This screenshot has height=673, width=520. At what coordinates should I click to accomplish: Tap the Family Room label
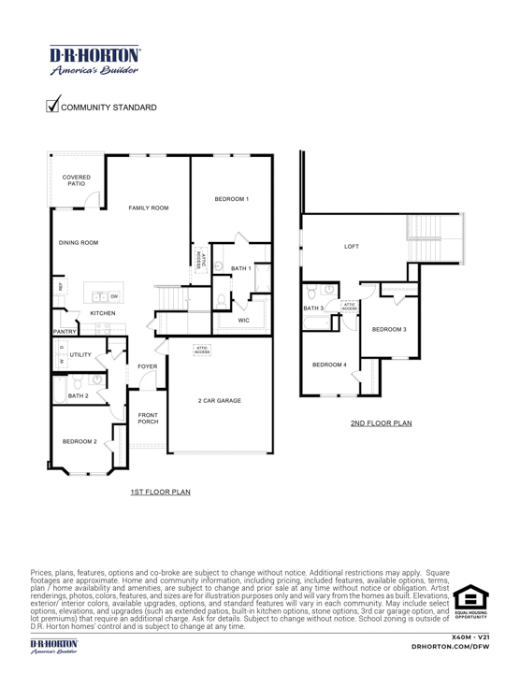pyautogui.click(x=149, y=208)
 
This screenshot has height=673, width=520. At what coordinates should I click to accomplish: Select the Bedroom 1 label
pyautogui.click(x=231, y=199)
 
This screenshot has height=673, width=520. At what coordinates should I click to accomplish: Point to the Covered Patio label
pyautogui.click(x=76, y=179)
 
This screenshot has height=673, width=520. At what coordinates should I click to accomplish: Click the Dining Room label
pyautogui.click(x=79, y=243)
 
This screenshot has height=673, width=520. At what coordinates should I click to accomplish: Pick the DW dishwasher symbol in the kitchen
pyautogui.click(x=114, y=296)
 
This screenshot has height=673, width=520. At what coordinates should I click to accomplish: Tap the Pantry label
pyautogui.click(x=64, y=331)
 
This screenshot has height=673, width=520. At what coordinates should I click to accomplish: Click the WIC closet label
pyautogui.click(x=243, y=320)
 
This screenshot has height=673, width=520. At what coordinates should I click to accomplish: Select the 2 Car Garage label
pyautogui.click(x=220, y=400)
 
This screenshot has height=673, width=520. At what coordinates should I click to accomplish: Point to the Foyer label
pyautogui.click(x=147, y=366)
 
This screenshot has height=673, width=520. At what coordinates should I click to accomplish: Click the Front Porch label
pyautogui.click(x=148, y=418)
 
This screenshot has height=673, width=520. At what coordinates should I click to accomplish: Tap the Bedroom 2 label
pyautogui.click(x=79, y=439)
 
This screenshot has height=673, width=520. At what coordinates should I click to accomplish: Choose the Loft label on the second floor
pyautogui.click(x=352, y=247)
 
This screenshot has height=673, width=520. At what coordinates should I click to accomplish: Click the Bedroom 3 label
pyautogui.click(x=389, y=329)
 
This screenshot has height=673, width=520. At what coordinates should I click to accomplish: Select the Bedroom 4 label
pyautogui.click(x=329, y=365)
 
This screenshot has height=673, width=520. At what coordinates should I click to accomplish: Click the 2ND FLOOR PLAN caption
pyautogui.click(x=381, y=422)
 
